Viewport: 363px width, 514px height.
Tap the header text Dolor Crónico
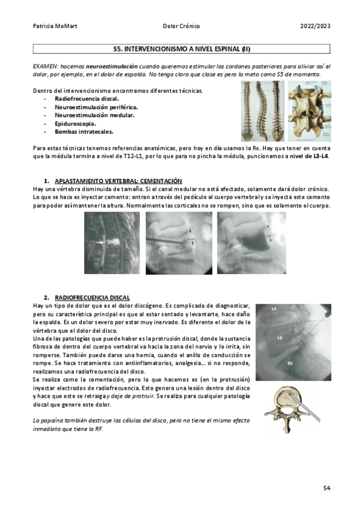pos(181,26)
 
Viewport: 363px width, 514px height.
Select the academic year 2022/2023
pos(315,26)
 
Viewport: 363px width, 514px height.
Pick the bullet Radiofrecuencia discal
pos(87,99)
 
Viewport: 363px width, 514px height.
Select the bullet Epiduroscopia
pos(75,123)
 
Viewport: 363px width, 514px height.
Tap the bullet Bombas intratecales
pos(83,131)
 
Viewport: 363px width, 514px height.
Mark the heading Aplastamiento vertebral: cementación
pos(118,181)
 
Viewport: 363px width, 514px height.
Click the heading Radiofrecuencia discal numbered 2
pos(92,298)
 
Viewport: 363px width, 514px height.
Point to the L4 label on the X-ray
pos(274,310)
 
